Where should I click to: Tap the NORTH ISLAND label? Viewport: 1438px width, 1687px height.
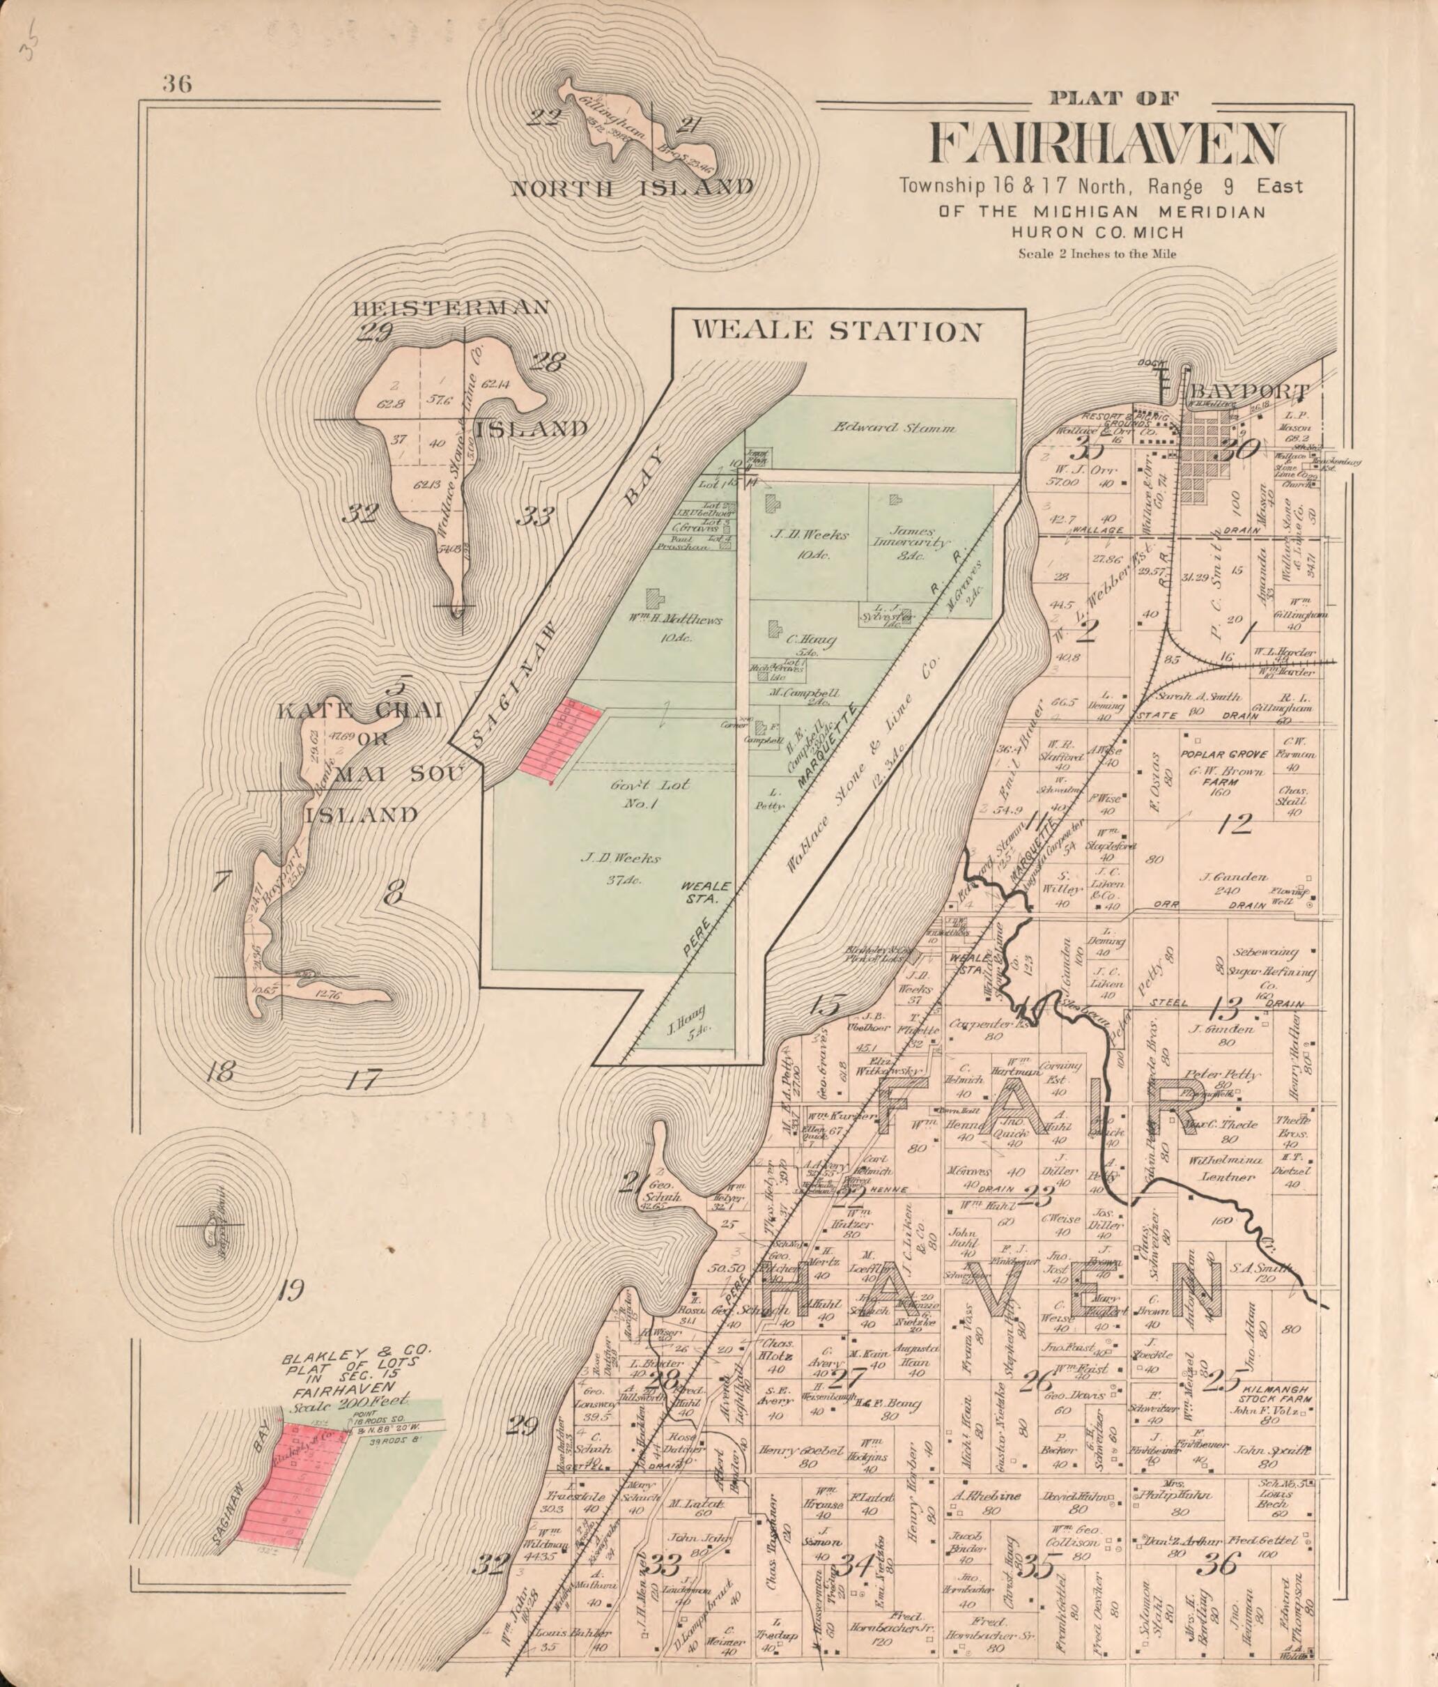pos(631,189)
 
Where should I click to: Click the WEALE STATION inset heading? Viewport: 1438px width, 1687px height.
pos(836,332)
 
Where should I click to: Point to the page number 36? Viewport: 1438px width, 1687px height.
pos(177,83)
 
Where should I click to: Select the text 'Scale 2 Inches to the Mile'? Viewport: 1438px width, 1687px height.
pos(1097,253)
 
